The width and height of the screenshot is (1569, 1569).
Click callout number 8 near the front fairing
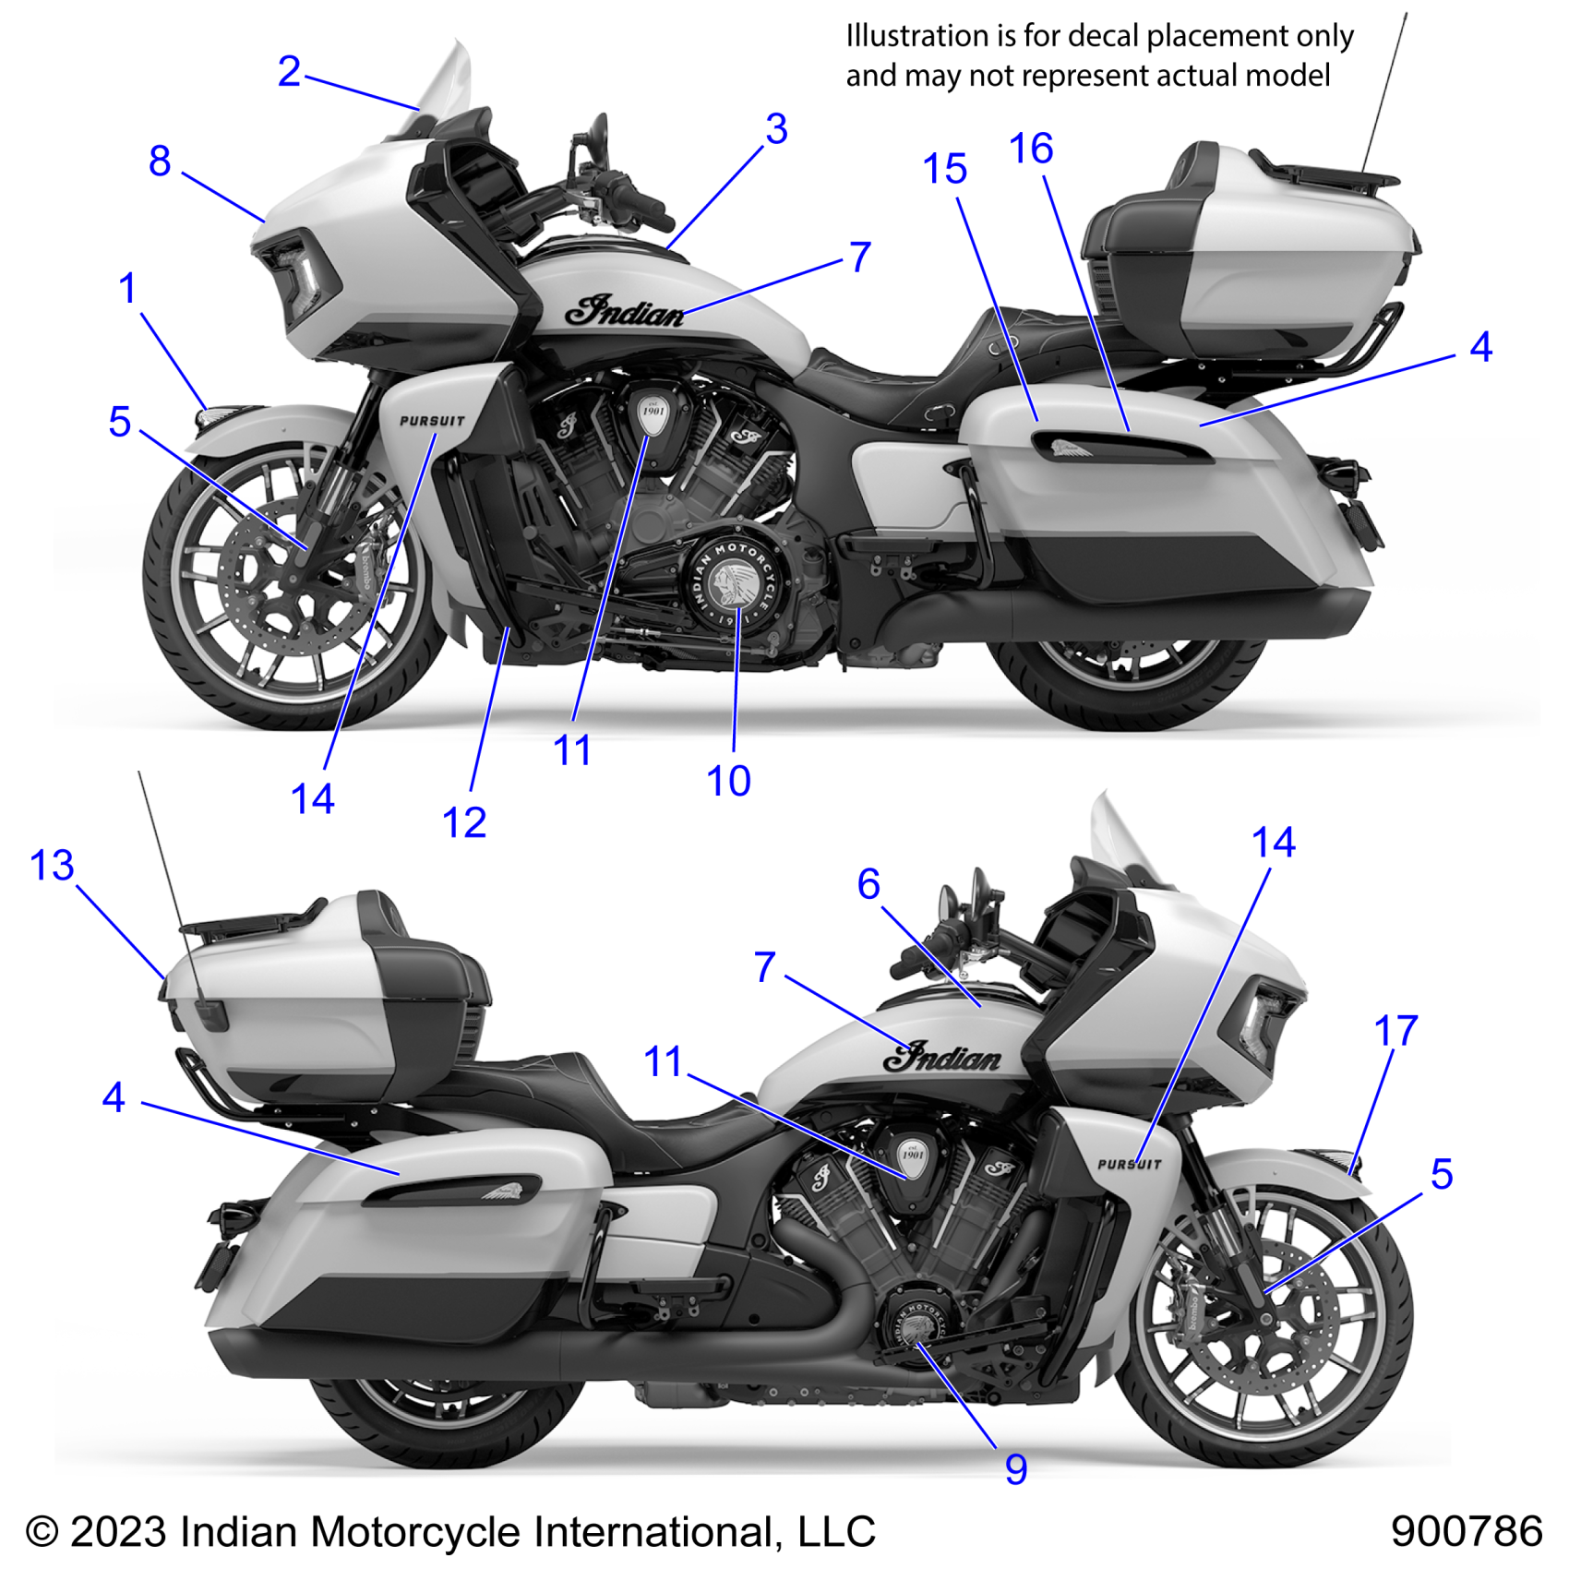point(160,162)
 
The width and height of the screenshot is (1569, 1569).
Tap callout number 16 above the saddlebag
point(1031,150)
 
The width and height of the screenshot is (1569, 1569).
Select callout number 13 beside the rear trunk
point(52,866)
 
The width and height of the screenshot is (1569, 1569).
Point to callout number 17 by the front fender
point(1395,1031)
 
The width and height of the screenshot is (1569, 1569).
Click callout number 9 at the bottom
point(1015,1468)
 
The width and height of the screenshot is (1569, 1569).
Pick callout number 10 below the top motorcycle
point(728,781)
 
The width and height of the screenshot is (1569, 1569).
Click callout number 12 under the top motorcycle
point(463,822)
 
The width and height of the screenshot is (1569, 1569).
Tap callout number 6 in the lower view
point(868,884)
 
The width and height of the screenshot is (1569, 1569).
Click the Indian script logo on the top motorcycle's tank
point(625,312)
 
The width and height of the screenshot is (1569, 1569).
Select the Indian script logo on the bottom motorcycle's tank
point(941,1057)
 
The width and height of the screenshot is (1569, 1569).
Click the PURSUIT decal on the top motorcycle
point(432,421)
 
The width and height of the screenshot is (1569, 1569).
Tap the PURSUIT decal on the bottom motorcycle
point(1128,1165)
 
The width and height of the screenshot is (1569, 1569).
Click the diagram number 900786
point(1466,1531)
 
